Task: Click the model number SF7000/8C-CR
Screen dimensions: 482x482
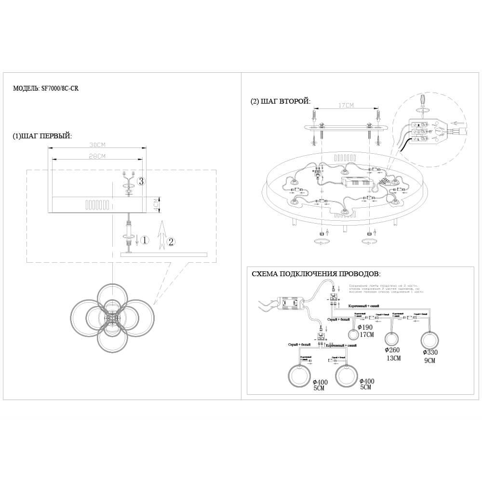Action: pos(60,89)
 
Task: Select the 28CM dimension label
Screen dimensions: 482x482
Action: pos(97,156)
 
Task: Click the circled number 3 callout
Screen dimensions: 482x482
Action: pos(141,181)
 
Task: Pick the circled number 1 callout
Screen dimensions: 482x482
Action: pos(145,240)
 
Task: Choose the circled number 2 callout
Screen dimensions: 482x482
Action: pos(170,242)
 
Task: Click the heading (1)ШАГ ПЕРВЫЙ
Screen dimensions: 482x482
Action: pos(42,136)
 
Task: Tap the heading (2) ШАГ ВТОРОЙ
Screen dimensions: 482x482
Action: pos(281,101)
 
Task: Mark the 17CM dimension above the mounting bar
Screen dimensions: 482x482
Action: pos(347,106)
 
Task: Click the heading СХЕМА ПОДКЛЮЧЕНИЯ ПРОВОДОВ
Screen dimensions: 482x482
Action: pos(316,274)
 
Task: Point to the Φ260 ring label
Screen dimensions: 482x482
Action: pos(393,350)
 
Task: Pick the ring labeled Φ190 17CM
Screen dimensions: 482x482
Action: pos(354,335)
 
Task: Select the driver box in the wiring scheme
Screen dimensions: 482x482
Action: pos(290,303)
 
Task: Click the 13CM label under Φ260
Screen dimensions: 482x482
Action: pos(393,358)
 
